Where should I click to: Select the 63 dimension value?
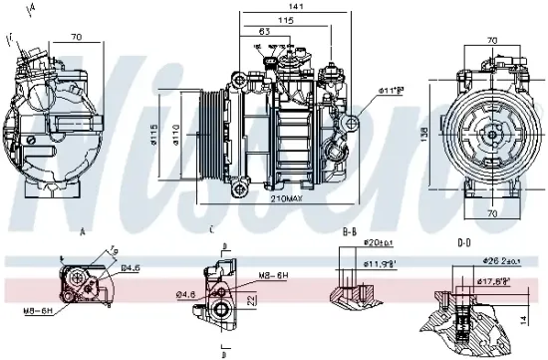[265, 32]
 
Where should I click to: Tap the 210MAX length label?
[286, 199]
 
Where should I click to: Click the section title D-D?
[463, 241]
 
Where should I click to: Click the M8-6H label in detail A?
[40, 311]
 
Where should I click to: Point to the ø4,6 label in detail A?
[131, 267]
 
